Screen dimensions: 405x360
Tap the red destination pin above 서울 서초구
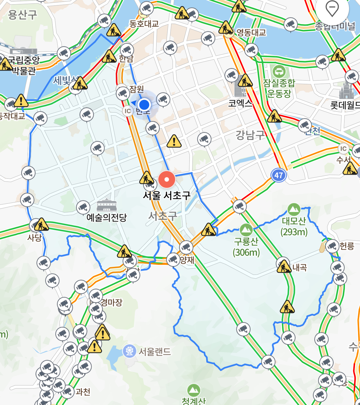pyautogui.click(x=167, y=179)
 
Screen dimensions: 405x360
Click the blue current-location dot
pyautogui.click(x=144, y=105)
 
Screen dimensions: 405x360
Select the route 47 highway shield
pyautogui.click(x=278, y=175)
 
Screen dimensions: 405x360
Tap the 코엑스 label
pyautogui.click(x=240, y=103)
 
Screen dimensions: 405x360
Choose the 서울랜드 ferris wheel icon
pyautogui.click(x=129, y=351)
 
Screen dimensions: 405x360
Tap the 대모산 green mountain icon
pyautogui.click(x=294, y=209)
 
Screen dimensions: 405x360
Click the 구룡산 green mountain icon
pyautogui.click(x=246, y=230)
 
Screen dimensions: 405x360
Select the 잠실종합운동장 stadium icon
pyautogui.click(x=279, y=71)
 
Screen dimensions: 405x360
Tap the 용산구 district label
pyautogui.click(x=22, y=15)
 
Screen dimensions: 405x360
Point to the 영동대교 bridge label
pyautogui.click(x=251, y=33)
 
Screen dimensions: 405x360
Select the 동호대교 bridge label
pyautogui.click(x=144, y=24)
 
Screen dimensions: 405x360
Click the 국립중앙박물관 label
pyautogui.click(x=24, y=65)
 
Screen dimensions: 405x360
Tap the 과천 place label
pyautogui.click(x=83, y=392)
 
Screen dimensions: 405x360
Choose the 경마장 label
pyautogui.click(x=111, y=302)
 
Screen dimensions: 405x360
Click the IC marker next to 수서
pyautogui.click(x=343, y=149)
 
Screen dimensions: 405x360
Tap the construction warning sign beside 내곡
pyautogui.click(x=284, y=267)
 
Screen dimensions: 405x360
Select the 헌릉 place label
pyautogui.click(x=347, y=246)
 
